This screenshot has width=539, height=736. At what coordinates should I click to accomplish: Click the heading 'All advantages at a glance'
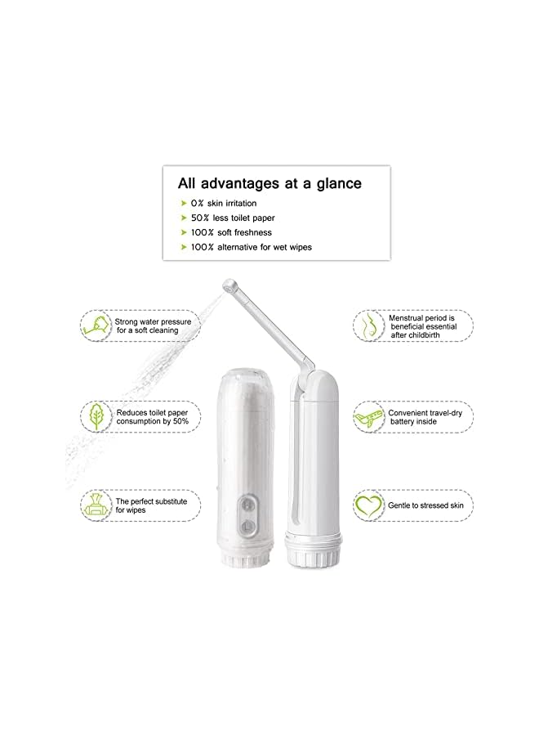269,183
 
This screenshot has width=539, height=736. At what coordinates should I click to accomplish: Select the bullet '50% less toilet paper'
238,218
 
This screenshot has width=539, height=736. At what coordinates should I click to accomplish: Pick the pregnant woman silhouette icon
369,325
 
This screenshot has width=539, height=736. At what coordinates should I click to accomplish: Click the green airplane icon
369,418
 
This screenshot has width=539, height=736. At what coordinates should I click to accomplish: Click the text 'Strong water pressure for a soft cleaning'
153,326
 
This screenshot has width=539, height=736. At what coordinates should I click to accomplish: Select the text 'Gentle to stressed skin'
425,506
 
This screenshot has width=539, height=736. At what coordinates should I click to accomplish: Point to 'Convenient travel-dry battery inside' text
425,418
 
